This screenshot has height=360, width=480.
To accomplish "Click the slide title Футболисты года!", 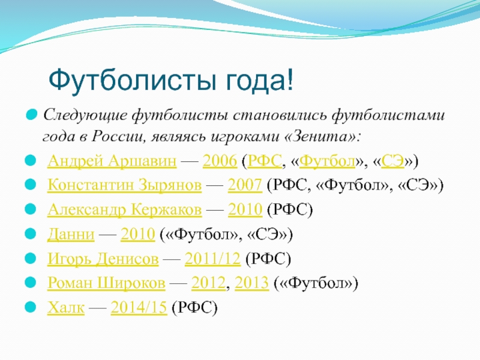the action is click(x=171, y=80).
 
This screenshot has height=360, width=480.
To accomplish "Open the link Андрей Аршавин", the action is click(x=112, y=161).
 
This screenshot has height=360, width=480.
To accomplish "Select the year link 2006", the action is click(x=220, y=161).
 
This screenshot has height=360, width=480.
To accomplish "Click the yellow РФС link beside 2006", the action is click(x=265, y=161).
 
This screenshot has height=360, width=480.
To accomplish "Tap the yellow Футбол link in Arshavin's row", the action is click(x=327, y=161).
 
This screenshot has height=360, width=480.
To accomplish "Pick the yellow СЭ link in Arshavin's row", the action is click(x=393, y=161).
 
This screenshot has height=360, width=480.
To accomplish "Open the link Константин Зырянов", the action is click(x=125, y=185).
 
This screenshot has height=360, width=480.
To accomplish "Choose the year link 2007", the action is click(x=245, y=185).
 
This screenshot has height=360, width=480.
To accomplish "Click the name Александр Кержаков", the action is click(x=125, y=209).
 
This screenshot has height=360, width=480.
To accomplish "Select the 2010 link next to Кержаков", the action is click(x=245, y=209).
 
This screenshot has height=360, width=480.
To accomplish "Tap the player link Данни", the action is click(x=71, y=235).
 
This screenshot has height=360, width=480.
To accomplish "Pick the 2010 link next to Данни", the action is click(x=138, y=235).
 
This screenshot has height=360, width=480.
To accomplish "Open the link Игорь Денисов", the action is click(x=103, y=259).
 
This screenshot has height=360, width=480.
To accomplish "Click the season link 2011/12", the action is click(x=212, y=259).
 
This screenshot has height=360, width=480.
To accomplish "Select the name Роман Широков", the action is click(x=106, y=283).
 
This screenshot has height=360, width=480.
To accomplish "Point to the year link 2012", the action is click(x=208, y=283).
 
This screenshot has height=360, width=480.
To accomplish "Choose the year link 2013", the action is click(x=251, y=283).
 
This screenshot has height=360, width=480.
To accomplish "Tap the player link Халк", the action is click(x=66, y=308).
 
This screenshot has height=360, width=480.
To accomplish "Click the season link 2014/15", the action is click(x=139, y=308).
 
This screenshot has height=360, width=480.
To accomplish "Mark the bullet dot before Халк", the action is click(x=31, y=307).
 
